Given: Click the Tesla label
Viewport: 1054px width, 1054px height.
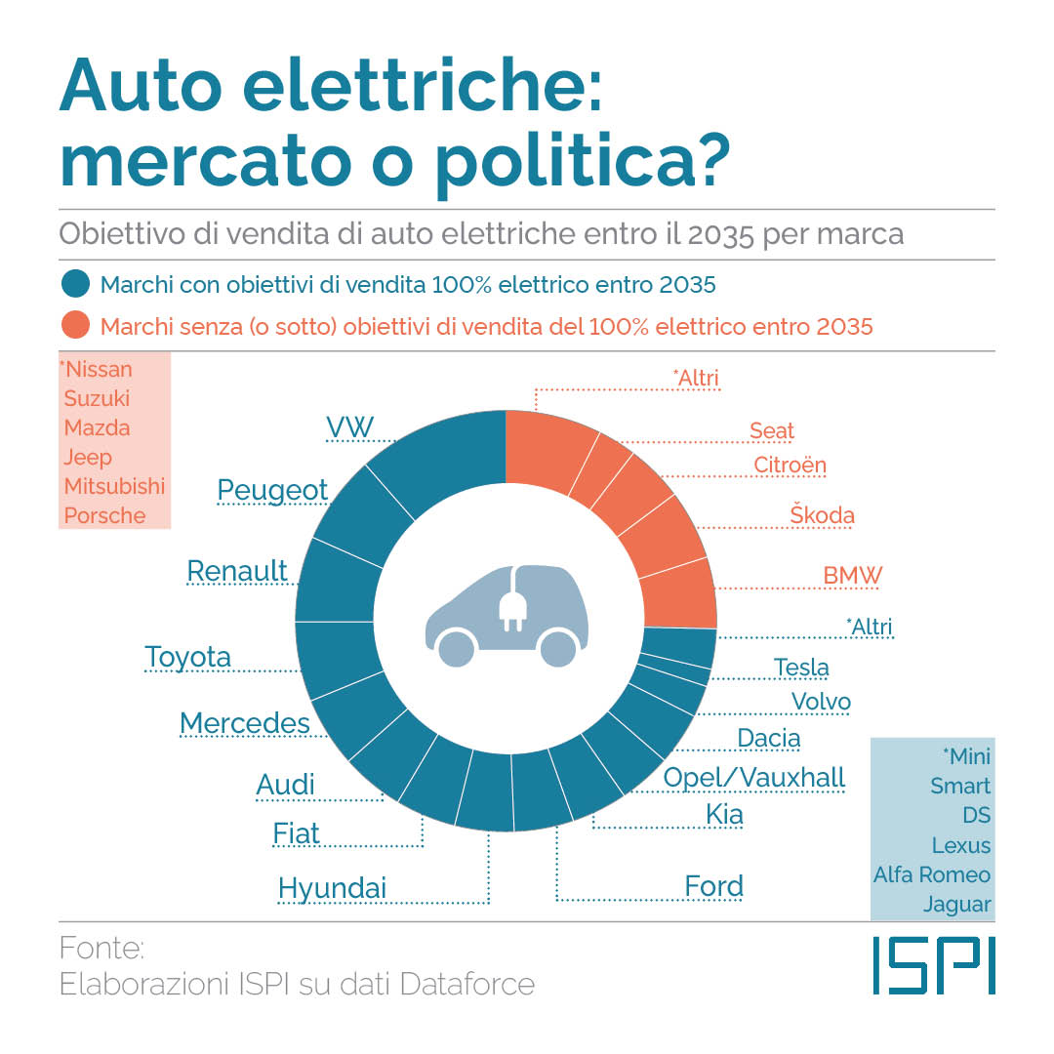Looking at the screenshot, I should click(801, 668).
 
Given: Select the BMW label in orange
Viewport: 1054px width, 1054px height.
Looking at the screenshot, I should click(852, 575).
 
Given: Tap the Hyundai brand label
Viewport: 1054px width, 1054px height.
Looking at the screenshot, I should click(333, 888).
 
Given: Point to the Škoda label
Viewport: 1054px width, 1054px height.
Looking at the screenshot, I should click(822, 514).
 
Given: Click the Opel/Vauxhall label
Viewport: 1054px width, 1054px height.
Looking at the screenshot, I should click(754, 777).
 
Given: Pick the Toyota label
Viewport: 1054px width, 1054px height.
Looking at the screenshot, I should click(188, 657).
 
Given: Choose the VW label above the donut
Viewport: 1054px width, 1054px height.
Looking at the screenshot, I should click(349, 426).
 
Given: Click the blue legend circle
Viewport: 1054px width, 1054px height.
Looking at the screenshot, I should click(75, 285).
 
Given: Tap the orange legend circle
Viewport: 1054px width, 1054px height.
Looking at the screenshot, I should click(75, 326).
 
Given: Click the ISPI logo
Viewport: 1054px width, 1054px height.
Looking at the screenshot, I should click(934, 965).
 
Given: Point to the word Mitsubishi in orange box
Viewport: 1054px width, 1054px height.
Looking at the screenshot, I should click(114, 486).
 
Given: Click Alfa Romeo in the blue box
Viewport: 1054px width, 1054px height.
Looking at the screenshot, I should click(932, 874).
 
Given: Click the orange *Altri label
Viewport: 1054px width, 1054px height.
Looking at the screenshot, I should click(697, 378).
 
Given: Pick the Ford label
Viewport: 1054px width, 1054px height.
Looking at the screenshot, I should click(714, 886).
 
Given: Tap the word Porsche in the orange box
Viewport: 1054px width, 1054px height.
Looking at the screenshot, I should click(104, 515).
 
